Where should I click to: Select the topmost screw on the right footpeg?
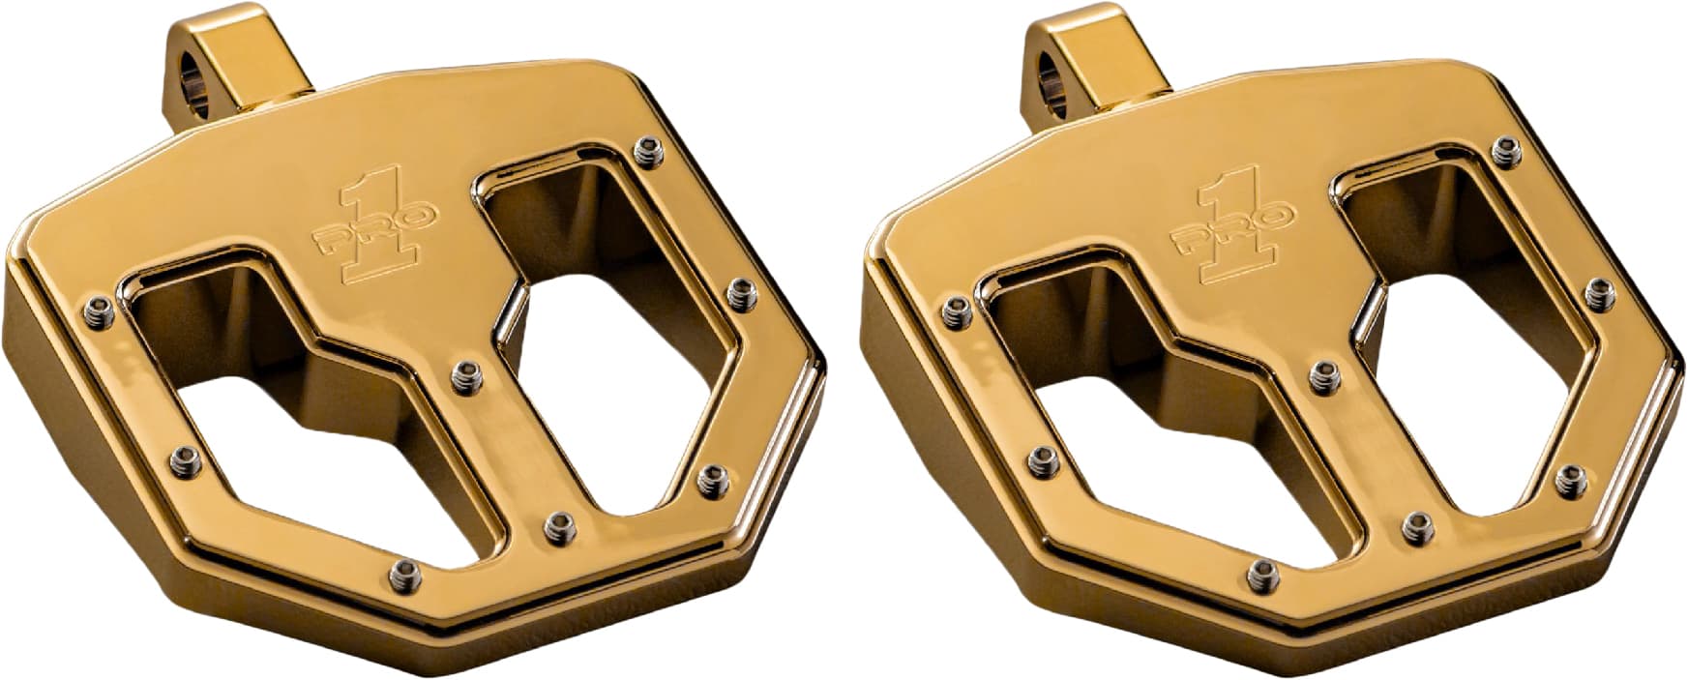click(x=1503, y=148)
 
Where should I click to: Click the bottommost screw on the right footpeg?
click(x=1259, y=570)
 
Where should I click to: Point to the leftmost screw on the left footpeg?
click(x=96, y=308)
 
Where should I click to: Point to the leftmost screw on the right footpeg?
click(x=953, y=309)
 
